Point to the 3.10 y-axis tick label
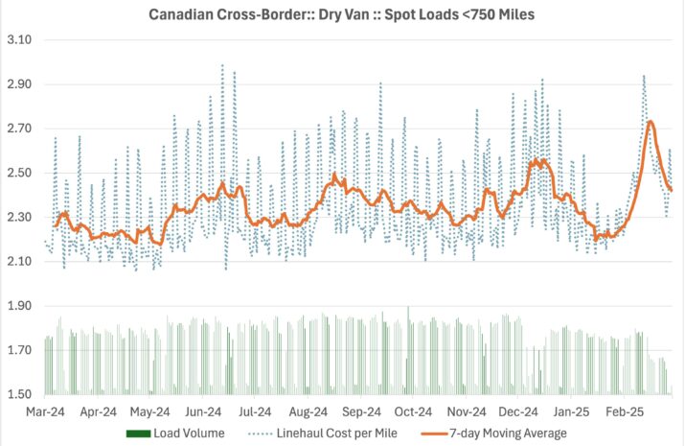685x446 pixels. pos(19,40)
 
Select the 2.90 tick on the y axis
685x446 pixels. pos(19,84)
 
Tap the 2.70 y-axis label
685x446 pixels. pos(19,129)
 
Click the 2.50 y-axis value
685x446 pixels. pos(19,173)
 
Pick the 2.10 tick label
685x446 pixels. pos(19,262)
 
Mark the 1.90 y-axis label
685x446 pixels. pos(19,306)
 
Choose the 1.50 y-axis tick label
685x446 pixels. pos(19,394)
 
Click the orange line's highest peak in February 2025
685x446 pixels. pos(651,122)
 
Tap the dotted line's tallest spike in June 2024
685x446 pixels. pos(222,65)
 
